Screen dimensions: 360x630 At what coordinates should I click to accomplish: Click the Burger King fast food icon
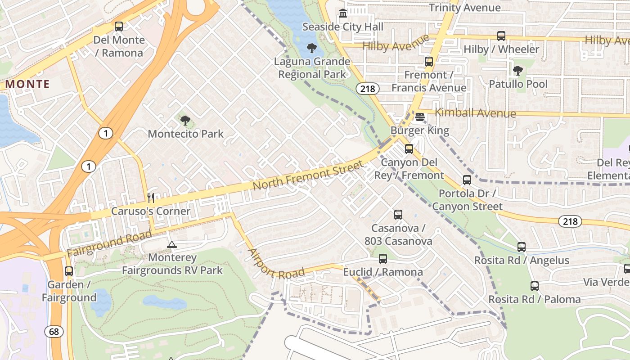click(x=420, y=117)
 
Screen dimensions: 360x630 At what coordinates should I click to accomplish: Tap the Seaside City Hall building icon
click(x=343, y=13)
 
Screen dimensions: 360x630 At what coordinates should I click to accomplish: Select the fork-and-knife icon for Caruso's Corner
click(x=151, y=198)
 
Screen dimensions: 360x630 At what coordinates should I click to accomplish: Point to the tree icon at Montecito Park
click(x=185, y=120)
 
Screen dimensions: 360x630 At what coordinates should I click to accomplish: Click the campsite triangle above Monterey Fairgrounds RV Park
click(x=171, y=244)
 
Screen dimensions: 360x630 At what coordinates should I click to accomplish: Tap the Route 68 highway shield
click(x=54, y=332)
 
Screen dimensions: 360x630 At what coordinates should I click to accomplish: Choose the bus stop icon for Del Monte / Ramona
click(x=119, y=27)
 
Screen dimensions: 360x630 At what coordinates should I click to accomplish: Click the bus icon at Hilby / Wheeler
click(x=501, y=36)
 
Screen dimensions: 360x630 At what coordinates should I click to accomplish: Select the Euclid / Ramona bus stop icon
click(x=383, y=259)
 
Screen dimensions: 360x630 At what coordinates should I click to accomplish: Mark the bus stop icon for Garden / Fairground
click(x=69, y=271)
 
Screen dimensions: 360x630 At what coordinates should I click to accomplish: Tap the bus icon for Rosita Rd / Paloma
click(x=535, y=286)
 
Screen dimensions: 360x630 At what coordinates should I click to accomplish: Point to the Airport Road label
click(x=276, y=265)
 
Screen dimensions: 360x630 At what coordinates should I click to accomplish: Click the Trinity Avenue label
click(x=464, y=8)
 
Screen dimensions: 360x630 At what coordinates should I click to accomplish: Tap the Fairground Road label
click(x=109, y=243)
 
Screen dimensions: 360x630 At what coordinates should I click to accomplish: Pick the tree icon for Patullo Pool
click(x=518, y=70)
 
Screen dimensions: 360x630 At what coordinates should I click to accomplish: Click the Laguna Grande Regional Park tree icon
click(x=311, y=48)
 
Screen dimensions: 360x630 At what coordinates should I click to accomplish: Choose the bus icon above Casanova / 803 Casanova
click(x=398, y=215)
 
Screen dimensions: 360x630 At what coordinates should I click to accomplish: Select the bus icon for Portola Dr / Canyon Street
click(x=467, y=180)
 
